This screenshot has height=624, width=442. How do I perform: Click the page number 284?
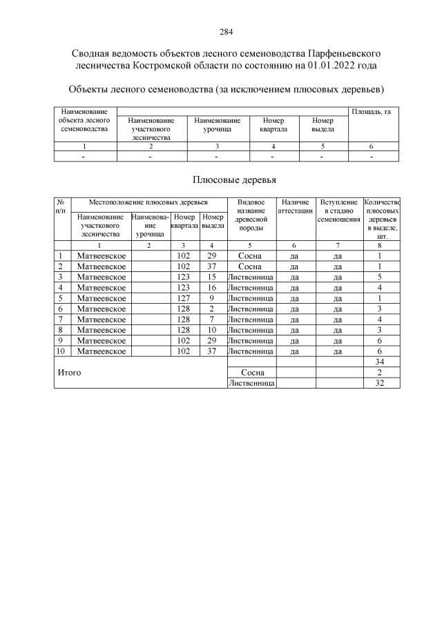click(226, 32)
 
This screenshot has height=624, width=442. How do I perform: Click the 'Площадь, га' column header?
click(371, 111)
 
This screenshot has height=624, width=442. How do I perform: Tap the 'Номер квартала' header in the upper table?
click(273, 124)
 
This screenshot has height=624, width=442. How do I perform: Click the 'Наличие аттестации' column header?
click(296, 206)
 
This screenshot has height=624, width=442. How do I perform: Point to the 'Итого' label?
click(69, 373)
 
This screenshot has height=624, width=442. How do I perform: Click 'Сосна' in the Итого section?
click(251, 372)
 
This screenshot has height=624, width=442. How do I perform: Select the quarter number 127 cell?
click(183, 298)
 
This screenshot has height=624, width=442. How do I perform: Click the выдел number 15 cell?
click(212, 277)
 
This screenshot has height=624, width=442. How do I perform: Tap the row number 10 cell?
click(61, 351)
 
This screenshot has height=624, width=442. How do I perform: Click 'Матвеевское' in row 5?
click(101, 298)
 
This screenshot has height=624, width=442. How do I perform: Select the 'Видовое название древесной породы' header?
click(251, 215)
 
